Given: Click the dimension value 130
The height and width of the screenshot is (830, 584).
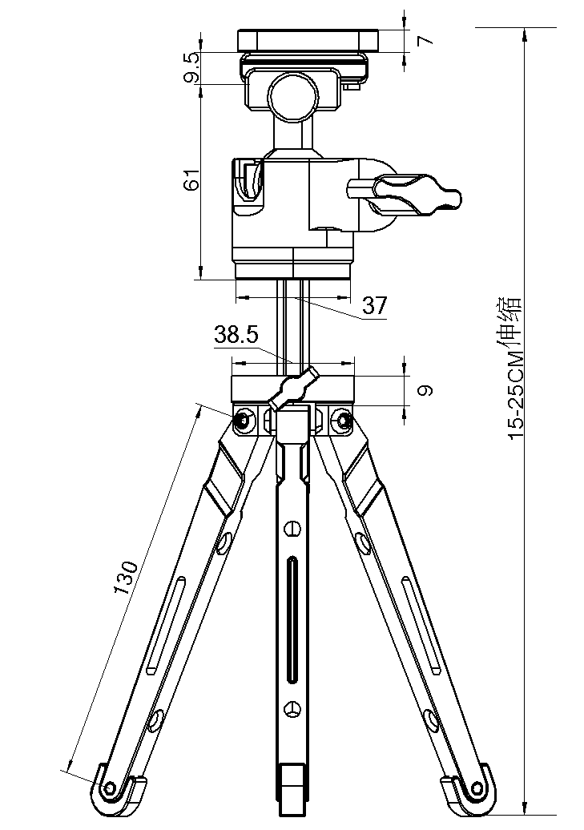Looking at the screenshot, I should point(127,577).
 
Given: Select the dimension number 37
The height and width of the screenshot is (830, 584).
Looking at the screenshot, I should point(374,305).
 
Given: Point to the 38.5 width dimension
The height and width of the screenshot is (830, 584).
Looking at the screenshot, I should point(236,335).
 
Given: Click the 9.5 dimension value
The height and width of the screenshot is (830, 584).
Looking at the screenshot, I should point(191,68).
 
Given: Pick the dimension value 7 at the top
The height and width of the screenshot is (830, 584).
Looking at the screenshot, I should point(424,39).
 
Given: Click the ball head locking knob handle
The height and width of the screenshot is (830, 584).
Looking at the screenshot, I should point(417,194).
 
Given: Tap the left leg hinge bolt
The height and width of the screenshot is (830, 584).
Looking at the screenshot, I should point(243,420).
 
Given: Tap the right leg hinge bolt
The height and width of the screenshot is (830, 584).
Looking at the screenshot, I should point(344,420).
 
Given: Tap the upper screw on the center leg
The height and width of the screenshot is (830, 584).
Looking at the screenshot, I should point(292,529).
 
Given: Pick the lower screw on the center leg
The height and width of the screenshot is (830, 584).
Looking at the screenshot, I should point(292,708).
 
